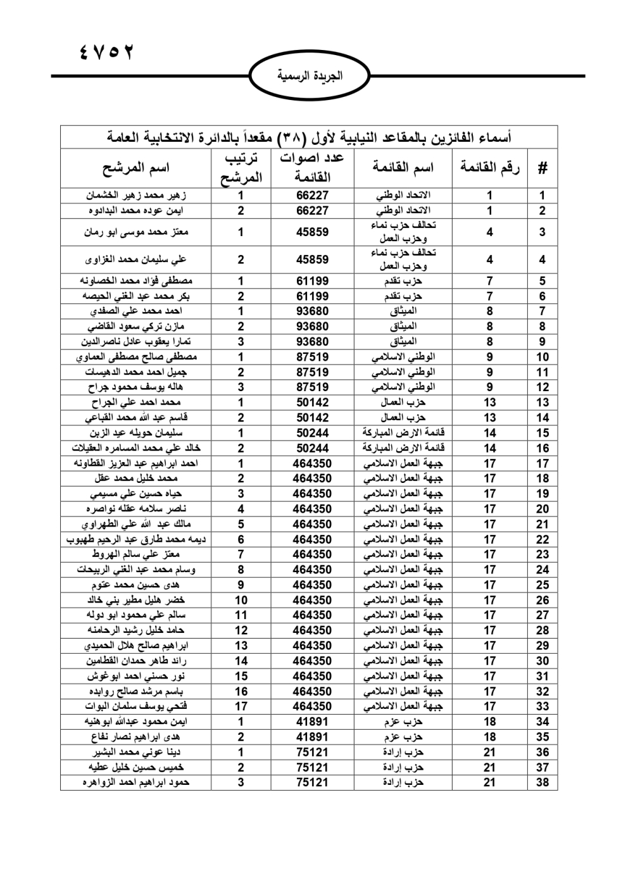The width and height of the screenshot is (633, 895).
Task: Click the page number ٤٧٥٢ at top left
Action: click(107, 52)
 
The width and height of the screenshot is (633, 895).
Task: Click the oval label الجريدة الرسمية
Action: click(310, 76)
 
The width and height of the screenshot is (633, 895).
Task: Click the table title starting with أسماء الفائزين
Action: click(309, 137)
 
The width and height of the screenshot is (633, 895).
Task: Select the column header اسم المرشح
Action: click(136, 168)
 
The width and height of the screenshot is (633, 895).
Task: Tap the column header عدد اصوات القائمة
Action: click(312, 168)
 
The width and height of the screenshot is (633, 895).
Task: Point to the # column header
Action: click(542, 168)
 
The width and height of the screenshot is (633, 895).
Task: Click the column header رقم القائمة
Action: click(489, 168)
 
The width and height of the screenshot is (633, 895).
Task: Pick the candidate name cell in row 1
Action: click(136, 195)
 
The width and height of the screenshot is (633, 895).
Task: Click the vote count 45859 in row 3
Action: click(312, 232)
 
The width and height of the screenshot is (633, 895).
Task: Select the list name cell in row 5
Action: click(403, 280)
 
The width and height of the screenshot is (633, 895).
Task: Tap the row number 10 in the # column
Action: click(542, 357)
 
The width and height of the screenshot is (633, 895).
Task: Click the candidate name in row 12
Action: click(136, 387)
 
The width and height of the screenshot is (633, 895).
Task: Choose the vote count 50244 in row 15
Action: click(312, 433)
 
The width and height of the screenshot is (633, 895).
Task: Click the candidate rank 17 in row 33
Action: click(241, 706)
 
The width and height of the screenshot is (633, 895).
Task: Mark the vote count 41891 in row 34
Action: click(312, 722)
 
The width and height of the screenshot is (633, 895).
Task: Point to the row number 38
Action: click(542, 782)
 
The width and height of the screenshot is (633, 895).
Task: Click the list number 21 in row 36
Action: click(489, 752)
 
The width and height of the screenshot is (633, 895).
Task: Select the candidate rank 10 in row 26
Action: click(241, 600)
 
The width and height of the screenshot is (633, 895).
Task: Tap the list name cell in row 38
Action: click(403, 782)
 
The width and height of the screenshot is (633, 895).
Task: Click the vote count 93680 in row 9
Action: click(312, 342)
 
